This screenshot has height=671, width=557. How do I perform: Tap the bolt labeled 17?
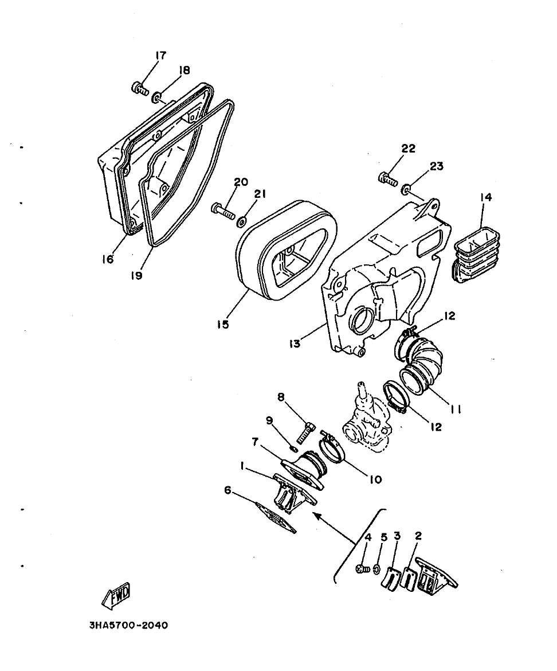click(x=139, y=88)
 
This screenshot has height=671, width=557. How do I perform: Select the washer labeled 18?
click(x=156, y=101)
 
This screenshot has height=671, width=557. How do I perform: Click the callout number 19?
click(x=136, y=275)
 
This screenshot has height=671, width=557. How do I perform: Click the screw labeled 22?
click(x=388, y=179)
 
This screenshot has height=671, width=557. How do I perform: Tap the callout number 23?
click(x=436, y=166)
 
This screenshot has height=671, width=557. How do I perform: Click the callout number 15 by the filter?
click(x=223, y=325)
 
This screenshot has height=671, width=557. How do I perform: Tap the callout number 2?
click(x=418, y=536)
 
